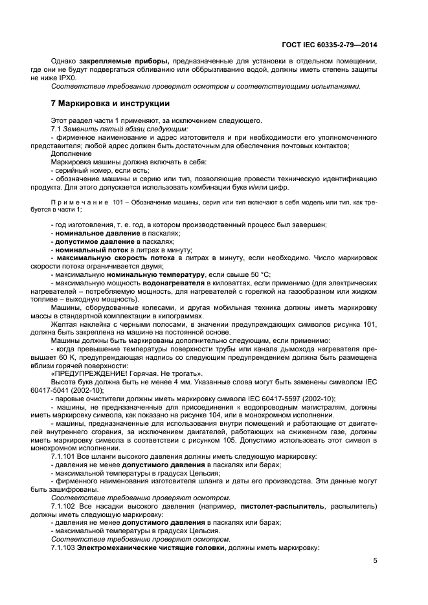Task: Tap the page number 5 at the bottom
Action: [x=375, y=560]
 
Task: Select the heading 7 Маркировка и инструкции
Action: [x=110, y=104]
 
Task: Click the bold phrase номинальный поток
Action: [x=91, y=249]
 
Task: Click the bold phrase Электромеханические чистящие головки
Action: [x=151, y=548]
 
